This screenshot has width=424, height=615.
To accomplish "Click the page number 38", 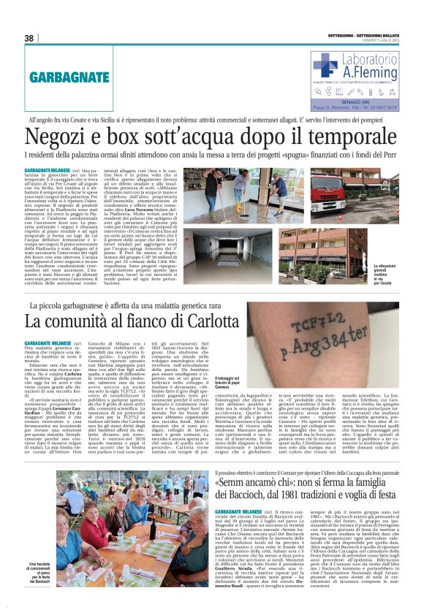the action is pyautogui.click(x=30, y=38).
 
